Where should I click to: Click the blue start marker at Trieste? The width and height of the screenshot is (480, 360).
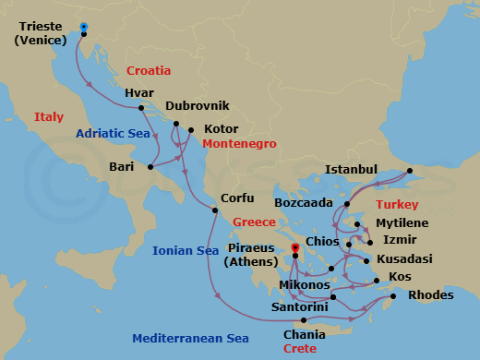(x=84, y=28)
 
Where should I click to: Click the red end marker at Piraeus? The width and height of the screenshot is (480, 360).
(x=295, y=247)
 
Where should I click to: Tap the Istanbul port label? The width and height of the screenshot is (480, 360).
(x=351, y=169)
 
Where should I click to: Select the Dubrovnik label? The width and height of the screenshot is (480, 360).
(x=198, y=106)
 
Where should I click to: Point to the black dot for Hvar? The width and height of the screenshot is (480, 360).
(x=141, y=108)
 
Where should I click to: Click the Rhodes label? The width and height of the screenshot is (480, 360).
(x=430, y=294)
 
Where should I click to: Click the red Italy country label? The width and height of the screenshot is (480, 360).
(x=49, y=117)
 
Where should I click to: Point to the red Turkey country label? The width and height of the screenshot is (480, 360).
(x=398, y=203)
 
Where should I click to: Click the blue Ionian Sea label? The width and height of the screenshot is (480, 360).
(x=186, y=250)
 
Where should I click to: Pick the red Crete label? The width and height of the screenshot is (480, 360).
(x=299, y=348)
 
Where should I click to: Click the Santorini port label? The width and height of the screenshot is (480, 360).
(x=298, y=306)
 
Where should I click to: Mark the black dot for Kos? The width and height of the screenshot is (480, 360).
(x=376, y=281)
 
